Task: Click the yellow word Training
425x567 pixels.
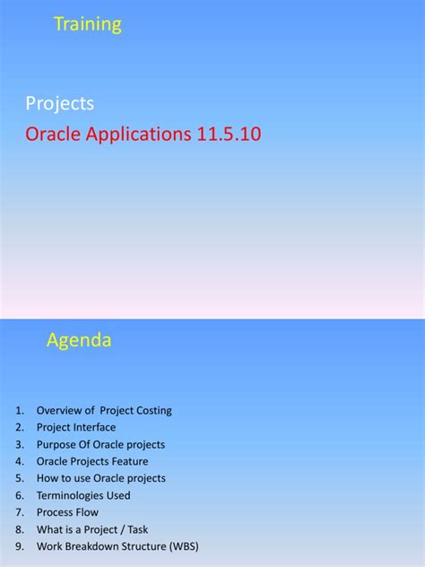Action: [x=88, y=25]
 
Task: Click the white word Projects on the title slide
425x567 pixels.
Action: [x=59, y=104]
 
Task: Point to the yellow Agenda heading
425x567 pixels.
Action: [x=79, y=341]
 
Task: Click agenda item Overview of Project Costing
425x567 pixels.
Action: [x=104, y=411]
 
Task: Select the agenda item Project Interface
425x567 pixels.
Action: [x=76, y=428]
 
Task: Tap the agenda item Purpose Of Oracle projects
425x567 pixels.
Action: [x=100, y=445]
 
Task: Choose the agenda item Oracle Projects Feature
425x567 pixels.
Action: [x=92, y=461]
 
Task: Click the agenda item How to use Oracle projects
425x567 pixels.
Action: [x=100, y=478]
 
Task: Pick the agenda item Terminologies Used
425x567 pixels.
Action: [x=83, y=495]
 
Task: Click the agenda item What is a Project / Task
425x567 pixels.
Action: [x=95, y=529]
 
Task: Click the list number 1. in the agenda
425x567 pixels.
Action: [x=20, y=411]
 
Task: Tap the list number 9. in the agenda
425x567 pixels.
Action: [x=20, y=546]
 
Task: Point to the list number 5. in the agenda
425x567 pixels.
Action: [x=20, y=478]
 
